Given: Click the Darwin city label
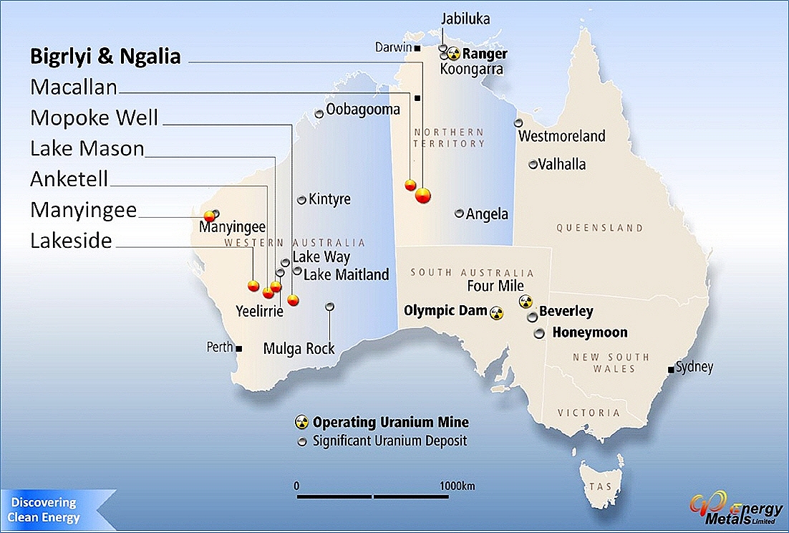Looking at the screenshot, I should pyautogui.click(x=393, y=48).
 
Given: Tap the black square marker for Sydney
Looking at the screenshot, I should pyautogui.click(x=671, y=370).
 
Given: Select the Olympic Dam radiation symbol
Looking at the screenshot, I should pyautogui.click(x=496, y=312).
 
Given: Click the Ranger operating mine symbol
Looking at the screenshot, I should pyautogui.click(x=453, y=53).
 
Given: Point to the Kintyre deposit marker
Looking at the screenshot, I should pyautogui.click(x=302, y=200).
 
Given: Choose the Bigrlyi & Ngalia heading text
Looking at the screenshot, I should pyautogui.click(x=105, y=57).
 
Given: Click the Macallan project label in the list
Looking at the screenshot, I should pyautogui.click(x=74, y=87).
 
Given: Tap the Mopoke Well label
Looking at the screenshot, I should pyautogui.click(x=94, y=117).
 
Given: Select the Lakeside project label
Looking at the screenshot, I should pyautogui.click(x=71, y=241).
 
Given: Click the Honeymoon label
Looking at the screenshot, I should pyautogui.click(x=590, y=332).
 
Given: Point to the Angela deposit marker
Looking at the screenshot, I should pyautogui.click(x=460, y=213).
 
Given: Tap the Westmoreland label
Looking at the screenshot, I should pyautogui.click(x=562, y=136).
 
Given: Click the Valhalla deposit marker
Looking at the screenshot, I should pyautogui.click(x=533, y=164).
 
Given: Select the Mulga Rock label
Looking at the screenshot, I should pyautogui.click(x=299, y=349).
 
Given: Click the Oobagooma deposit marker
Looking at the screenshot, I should pyautogui.click(x=319, y=114).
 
